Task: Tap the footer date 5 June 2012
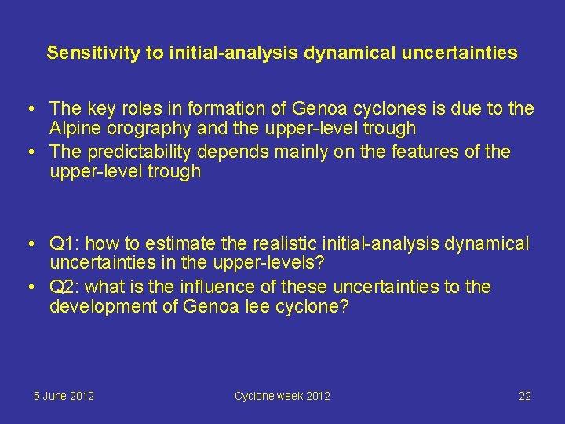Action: click(64, 396)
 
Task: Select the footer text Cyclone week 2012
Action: click(282, 396)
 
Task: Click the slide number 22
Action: click(525, 396)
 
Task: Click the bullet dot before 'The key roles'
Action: click(27, 108)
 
